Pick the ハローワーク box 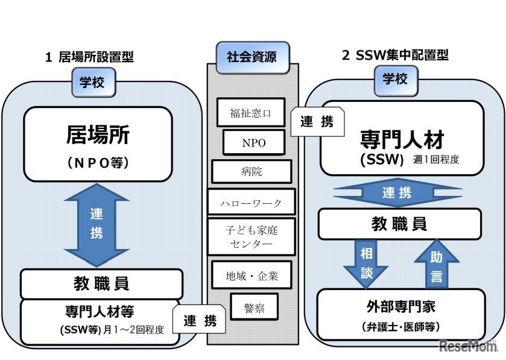pyautogui.click(x=251, y=202)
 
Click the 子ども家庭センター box pyautogui.click(x=251, y=237)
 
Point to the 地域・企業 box pyautogui.click(x=251, y=276)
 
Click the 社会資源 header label pyautogui.click(x=251, y=58)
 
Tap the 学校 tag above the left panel pyautogui.click(x=92, y=82)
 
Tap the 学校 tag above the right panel pyautogui.click(x=395, y=78)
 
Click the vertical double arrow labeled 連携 pyautogui.click(x=96, y=224)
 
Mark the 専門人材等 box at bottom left pyautogui.click(x=100, y=321)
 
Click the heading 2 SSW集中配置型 pyautogui.click(x=395, y=56)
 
